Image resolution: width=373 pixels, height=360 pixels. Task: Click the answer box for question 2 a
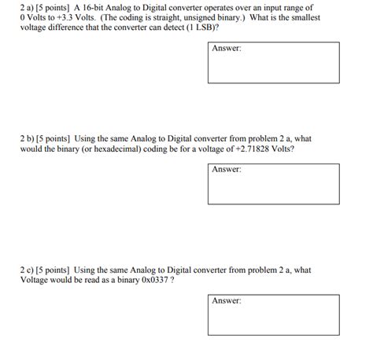274,63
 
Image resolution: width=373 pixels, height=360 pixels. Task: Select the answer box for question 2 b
274,183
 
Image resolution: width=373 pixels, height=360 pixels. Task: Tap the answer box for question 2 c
274,315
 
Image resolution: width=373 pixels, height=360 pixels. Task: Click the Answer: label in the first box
227,49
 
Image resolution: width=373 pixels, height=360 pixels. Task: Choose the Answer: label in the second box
227,169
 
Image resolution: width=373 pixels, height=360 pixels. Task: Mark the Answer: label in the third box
227,301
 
